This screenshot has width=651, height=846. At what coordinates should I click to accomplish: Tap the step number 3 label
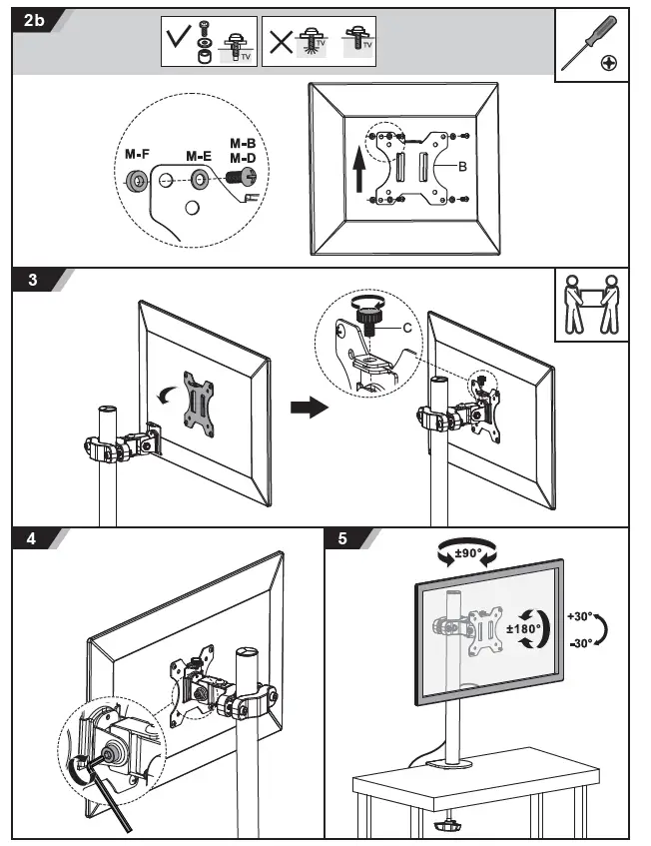[33, 281]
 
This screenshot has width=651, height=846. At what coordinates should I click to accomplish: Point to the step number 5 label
[343, 540]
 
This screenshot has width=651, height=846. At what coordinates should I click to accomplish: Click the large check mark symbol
[180, 41]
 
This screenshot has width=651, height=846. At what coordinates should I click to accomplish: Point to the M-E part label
[199, 156]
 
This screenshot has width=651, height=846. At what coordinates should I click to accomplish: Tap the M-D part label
[243, 158]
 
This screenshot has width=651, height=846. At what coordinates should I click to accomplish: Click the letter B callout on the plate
[462, 167]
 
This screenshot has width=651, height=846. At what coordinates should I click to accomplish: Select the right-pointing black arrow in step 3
[309, 408]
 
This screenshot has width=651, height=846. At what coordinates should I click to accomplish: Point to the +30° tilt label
[580, 617]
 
